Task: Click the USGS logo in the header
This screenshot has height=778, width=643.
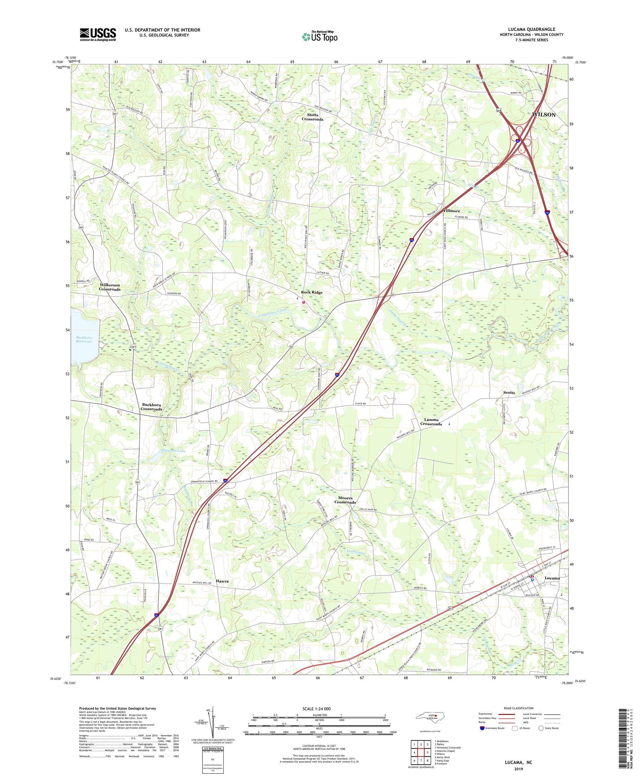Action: tap(98, 34)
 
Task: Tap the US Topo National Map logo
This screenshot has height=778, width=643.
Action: tap(319, 36)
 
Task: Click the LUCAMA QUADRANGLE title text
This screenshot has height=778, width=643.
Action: tap(531, 30)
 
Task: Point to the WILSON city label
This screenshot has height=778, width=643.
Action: tap(544, 115)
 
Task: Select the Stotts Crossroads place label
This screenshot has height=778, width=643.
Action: tap(312, 117)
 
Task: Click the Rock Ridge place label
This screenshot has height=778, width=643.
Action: tap(312, 292)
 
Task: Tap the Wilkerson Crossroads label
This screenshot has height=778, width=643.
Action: tap(110, 287)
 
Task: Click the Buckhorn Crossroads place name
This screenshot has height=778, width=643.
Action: tap(151, 407)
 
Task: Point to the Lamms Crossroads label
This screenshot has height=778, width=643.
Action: tap(431, 421)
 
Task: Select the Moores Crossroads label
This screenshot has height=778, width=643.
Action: tap(345, 500)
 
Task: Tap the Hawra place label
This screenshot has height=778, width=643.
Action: tap(222, 581)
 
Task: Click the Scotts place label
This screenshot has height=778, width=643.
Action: tap(509, 393)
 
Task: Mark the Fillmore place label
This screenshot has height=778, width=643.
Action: tap(451, 211)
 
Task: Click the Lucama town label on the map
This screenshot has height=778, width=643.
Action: tap(552, 578)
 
